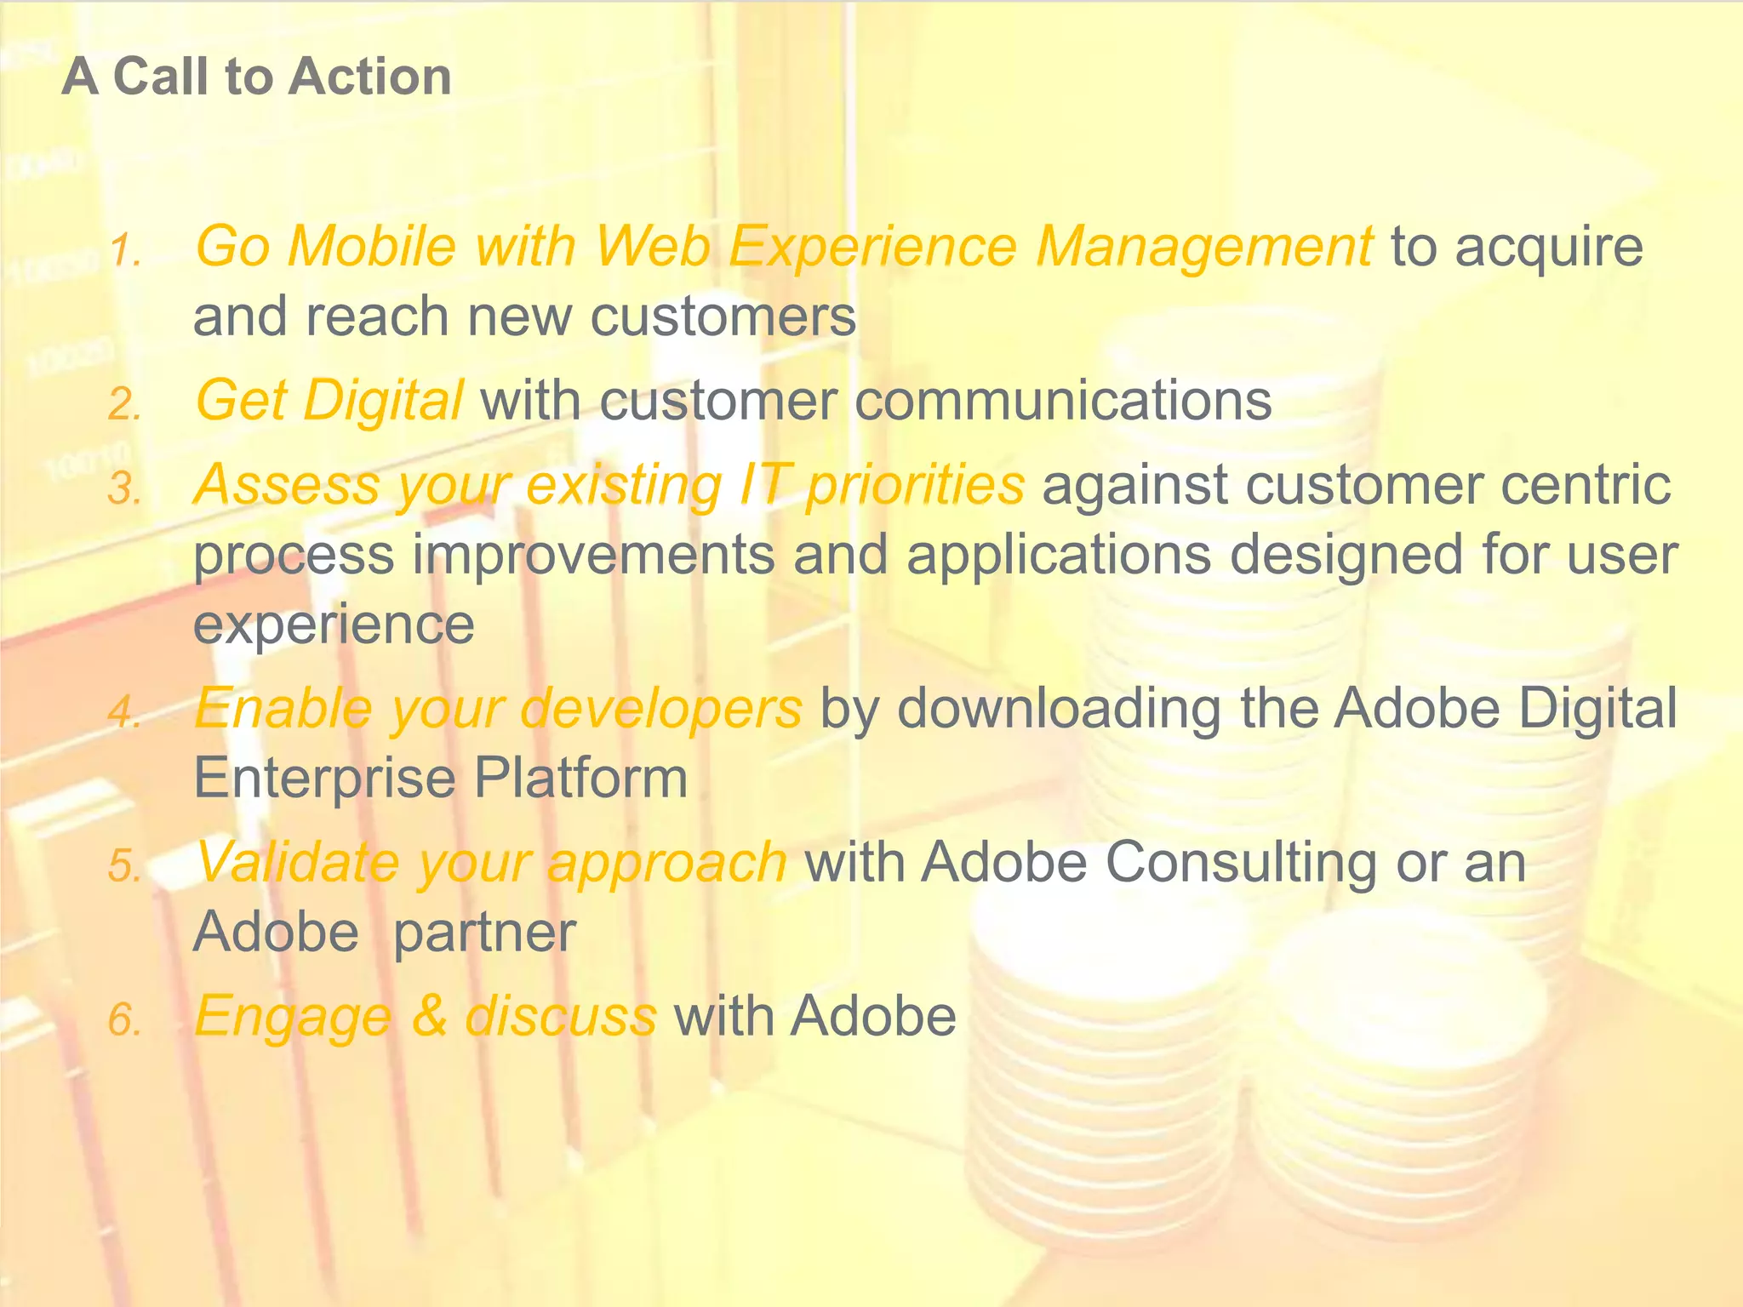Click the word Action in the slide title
pyautogui.click(x=369, y=77)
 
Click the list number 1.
pyautogui.click(x=124, y=251)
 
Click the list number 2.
pyautogui.click(x=124, y=405)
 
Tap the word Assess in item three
pyautogui.click(x=286, y=485)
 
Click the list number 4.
pyautogui.click(x=124, y=712)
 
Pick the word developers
pyautogui.click(x=660, y=710)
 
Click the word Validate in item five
pyautogui.click(x=296, y=862)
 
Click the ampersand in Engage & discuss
pyautogui.click(x=429, y=1016)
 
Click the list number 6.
pyautogui.click(x=124, y=1020)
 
